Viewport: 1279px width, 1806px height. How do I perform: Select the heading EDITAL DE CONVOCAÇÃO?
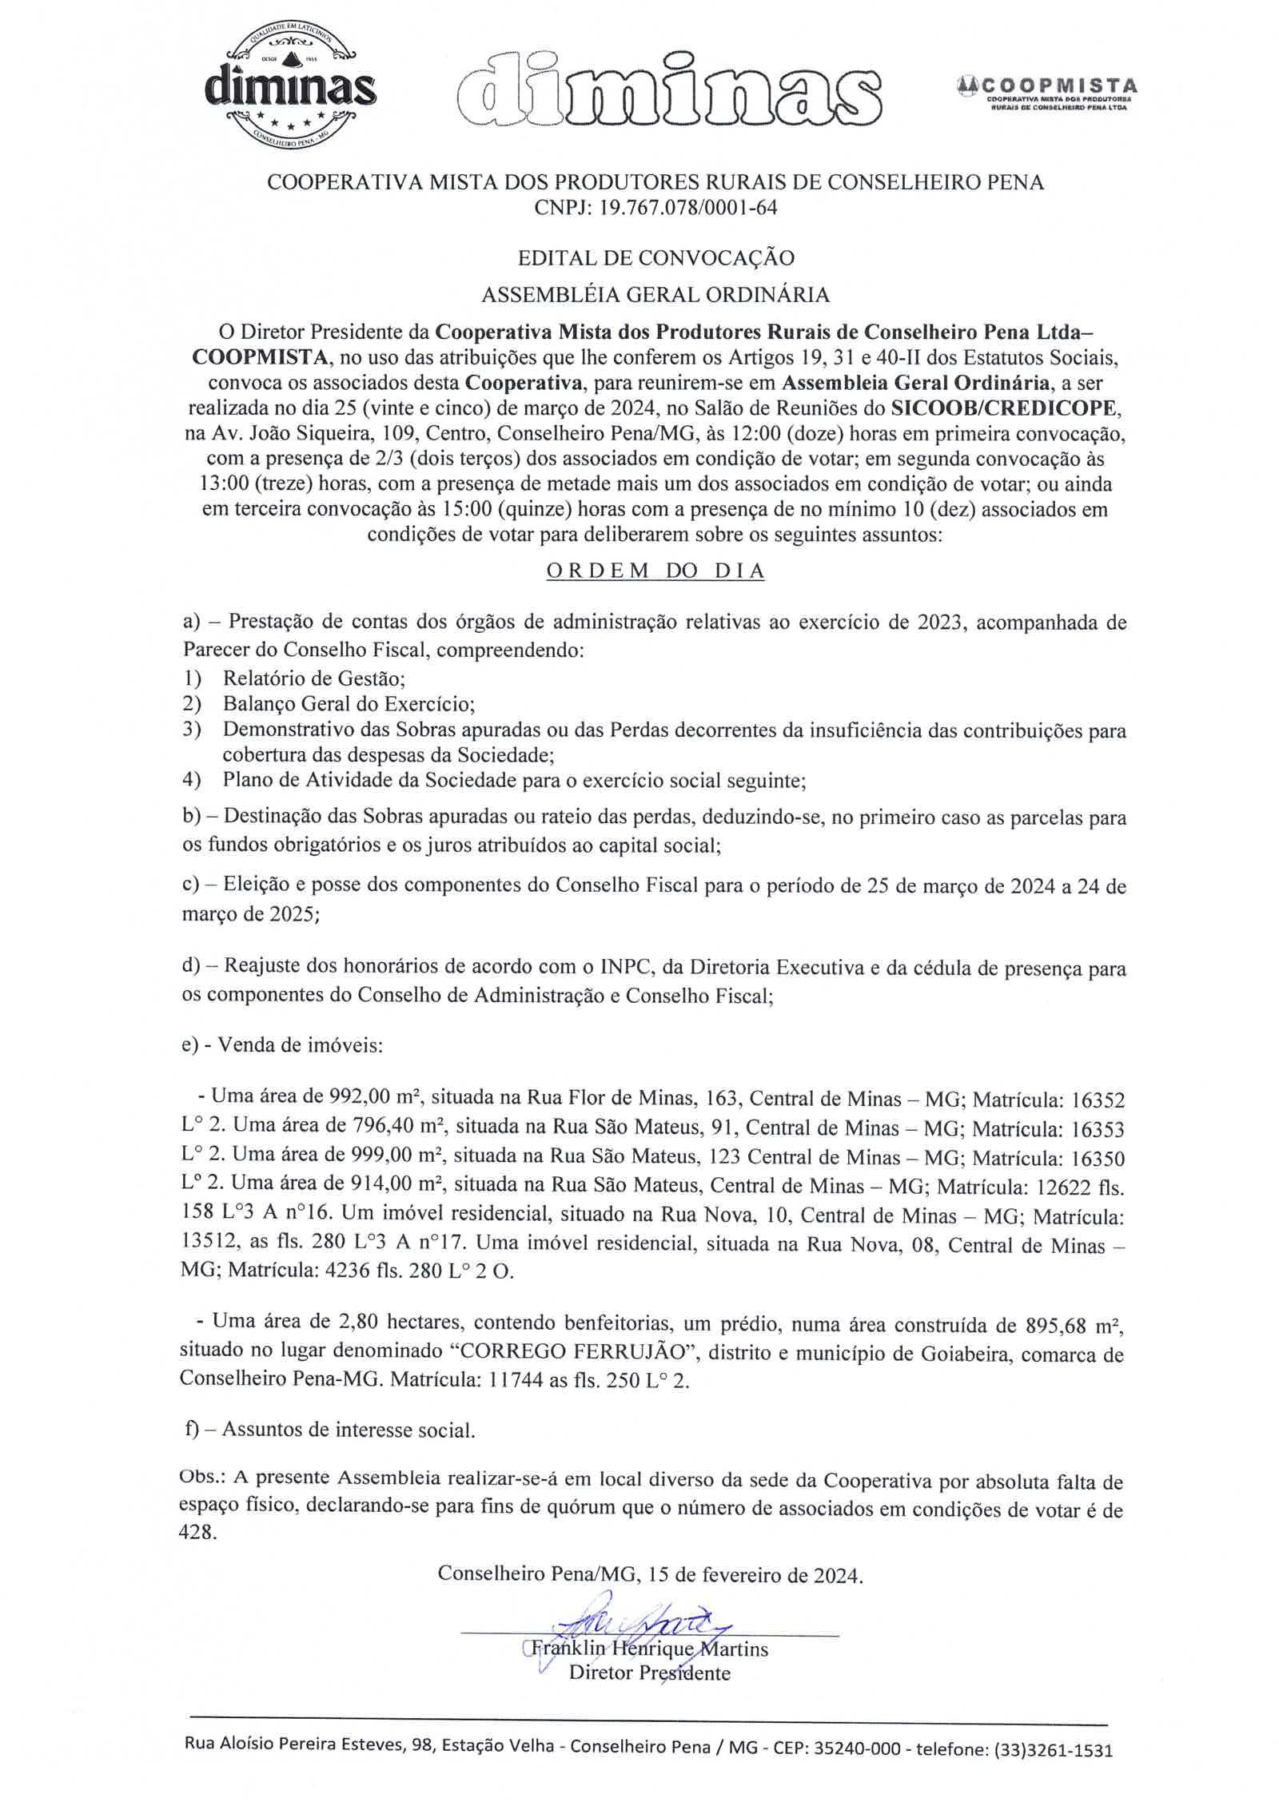click(x=655, y=257)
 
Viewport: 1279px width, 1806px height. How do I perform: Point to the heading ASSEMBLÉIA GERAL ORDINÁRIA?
click(x=655, y=295)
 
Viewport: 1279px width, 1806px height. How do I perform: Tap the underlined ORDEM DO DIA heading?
click(x=655, y=572)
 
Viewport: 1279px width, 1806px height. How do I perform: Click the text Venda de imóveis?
click(x=301, y=1045)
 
